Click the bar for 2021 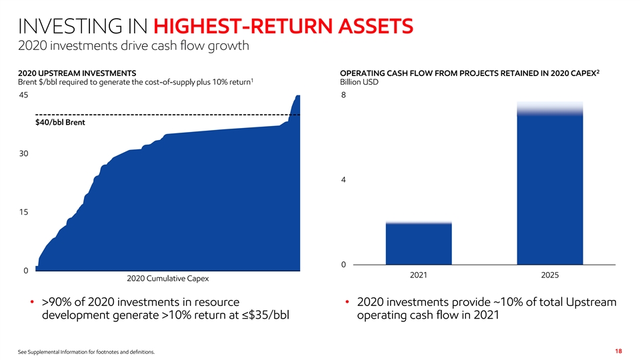click(x=419, y=244)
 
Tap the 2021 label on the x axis click(x=419, y=275)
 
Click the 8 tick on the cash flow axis click(x=343, y=96)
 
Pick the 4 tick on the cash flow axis click(x=343, y=180)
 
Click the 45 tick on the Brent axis click(x=24, y=96)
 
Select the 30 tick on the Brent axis click(x=24, y=154)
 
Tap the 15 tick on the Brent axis click(x=24, y=212)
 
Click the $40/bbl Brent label click(x=60, y=123)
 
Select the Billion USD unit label click(x=360, y=83)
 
